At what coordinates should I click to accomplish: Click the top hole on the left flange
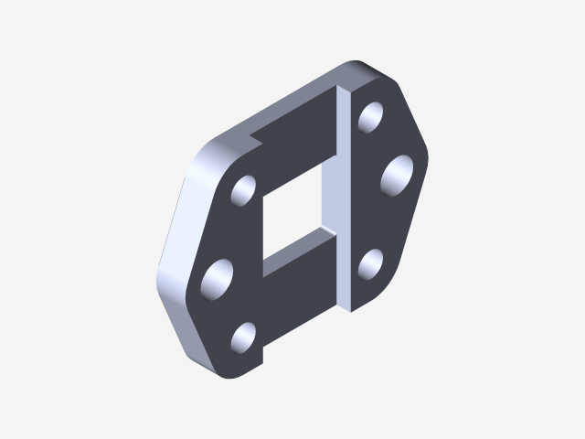click(x=244, y=189)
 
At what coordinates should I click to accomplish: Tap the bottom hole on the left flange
click(x=244, y=337)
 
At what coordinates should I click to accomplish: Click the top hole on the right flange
click(x=371, y=117)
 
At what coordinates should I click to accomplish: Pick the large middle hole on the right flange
click(x=398, y=175)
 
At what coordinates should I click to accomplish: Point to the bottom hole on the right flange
click(x=371, y=265)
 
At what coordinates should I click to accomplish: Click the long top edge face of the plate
click(x=292, y=101)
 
